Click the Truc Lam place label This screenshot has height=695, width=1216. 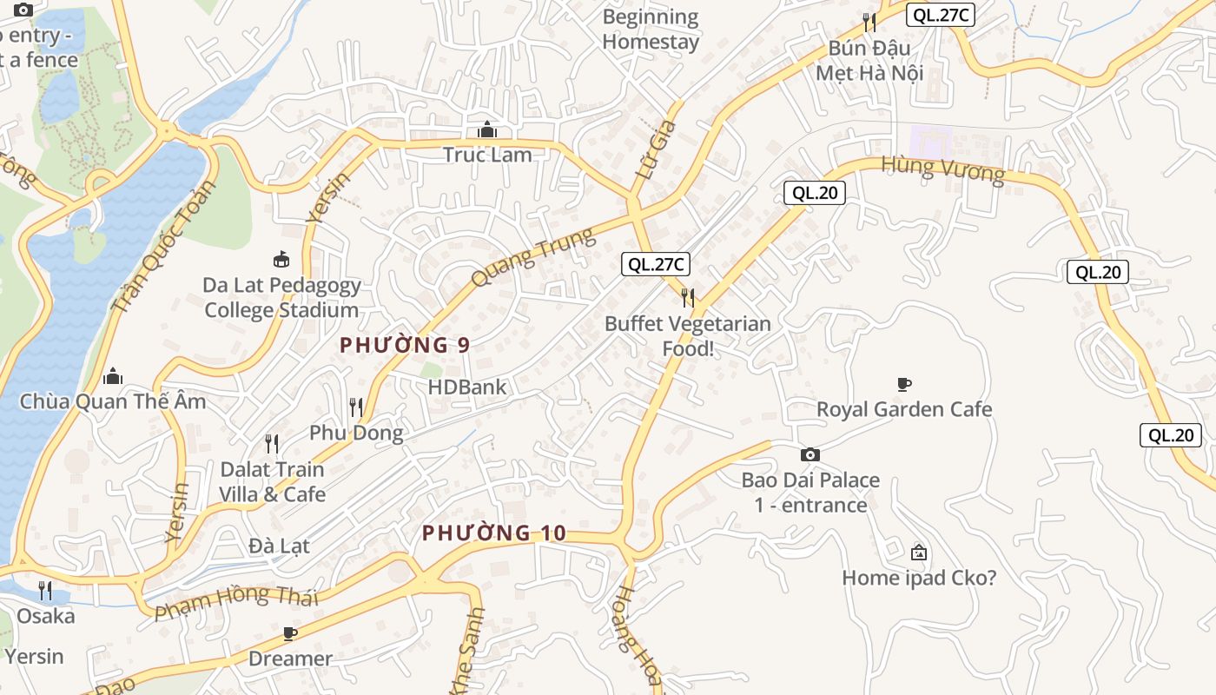[486, 155]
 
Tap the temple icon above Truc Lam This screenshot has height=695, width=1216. [486, 131]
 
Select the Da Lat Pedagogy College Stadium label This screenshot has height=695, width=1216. [281, 298]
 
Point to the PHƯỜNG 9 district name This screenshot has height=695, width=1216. [405, 345]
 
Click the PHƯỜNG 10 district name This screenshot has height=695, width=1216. [493, 533]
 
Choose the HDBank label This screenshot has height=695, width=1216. [467, 387]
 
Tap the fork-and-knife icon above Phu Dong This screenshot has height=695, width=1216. [355, 407]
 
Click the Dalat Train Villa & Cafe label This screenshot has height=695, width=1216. [272, 482]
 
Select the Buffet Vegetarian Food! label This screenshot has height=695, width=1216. [688, 336]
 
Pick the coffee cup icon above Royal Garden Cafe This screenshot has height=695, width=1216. [904, 384]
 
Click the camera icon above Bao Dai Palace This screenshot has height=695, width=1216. [810, 454]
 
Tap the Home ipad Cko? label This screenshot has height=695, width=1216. [919, 578]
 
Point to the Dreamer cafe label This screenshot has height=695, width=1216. [290, 659]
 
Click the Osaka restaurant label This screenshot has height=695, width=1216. [46, 616]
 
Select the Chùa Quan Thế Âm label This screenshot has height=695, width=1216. [113, 401]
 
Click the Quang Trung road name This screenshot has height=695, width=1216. [533, 257]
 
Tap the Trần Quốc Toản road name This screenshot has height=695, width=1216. [163, 247]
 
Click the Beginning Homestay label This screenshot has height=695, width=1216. [651, 29]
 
